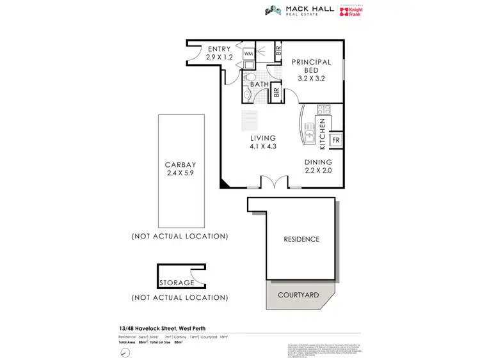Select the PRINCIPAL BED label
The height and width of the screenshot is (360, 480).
pyautogui.click(x=311, y=67)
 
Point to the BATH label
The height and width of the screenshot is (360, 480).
pyautogui.click(x=259, y=84)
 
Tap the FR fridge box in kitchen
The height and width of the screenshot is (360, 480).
pyautogui.click(x=335, y=140)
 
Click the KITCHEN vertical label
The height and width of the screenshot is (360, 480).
pyautogui.click(x=323, y=133)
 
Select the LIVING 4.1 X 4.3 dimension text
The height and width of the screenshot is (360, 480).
pyautogui.click(x=263, y=142)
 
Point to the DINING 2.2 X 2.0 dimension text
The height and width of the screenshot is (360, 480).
pyautogui.click(x=318, y=166)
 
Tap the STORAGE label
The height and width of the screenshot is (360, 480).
pyautogui.click(x=177, y=282)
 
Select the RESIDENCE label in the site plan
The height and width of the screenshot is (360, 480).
pyautogui.click(x=301, y=239)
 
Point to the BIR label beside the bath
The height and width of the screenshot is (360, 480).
pyautogui.click(x=276, y=93)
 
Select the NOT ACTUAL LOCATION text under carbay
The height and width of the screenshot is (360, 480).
pyautogui.click(x=179, y=236)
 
